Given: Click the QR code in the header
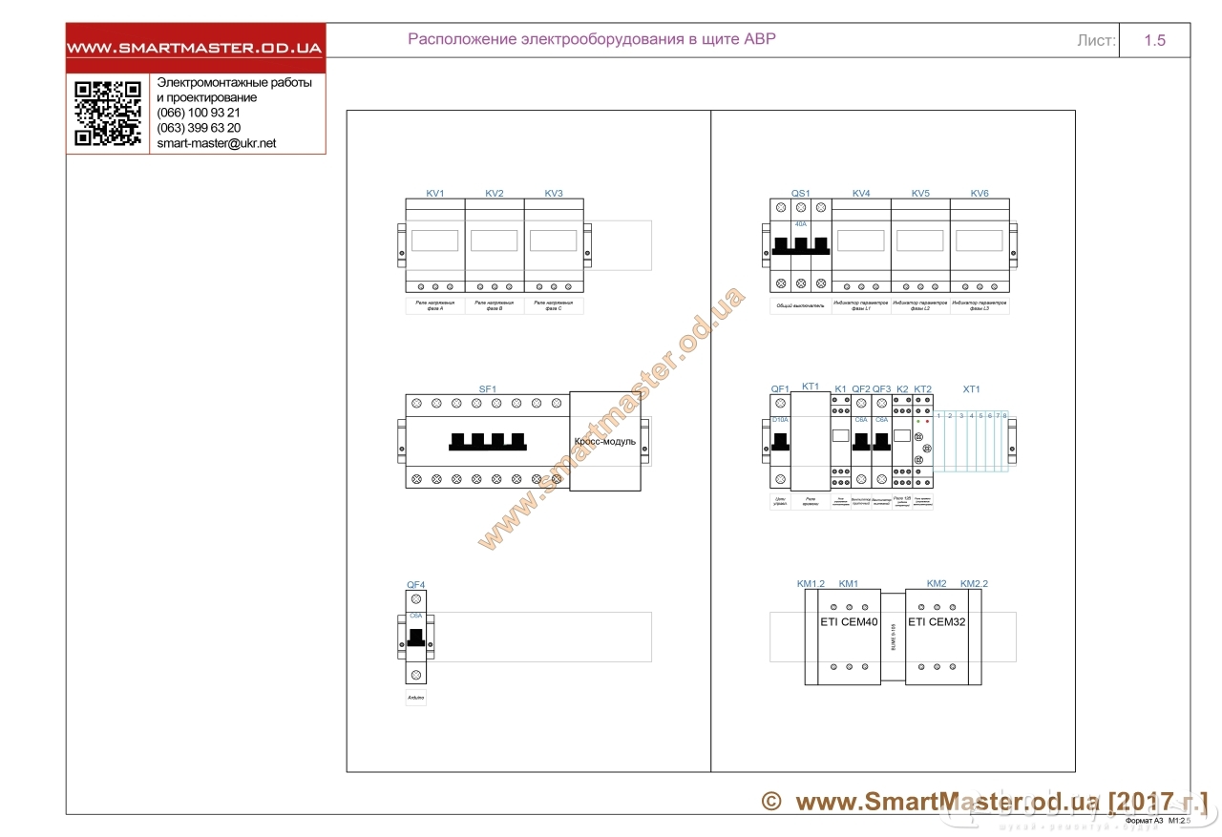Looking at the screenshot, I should (107, 114).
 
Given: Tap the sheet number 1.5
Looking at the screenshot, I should (1154, 40).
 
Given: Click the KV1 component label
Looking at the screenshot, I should (434, 194).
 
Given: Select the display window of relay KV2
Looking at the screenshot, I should (494, 240).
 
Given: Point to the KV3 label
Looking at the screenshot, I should (554, 194).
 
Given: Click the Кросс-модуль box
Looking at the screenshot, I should (604, 441).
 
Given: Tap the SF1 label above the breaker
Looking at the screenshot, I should (488, 389).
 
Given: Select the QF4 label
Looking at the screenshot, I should (415, 584).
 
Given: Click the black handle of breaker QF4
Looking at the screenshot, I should (415, 637).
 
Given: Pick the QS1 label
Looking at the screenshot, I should (800, 194).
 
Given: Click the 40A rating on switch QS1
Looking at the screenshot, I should (801, 224).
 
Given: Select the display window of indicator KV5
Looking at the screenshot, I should (920, 240).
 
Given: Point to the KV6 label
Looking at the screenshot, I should (980, 194).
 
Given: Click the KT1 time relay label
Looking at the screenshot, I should (811, 386).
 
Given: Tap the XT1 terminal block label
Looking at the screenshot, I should (971, 389).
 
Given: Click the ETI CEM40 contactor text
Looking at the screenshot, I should (849, 622).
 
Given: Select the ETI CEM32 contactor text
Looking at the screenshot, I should (936, 622).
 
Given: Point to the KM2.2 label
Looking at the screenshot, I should (974, 583).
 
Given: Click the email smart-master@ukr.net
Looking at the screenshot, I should (216, 143).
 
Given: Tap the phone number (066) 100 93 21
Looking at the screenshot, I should (198, 113).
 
